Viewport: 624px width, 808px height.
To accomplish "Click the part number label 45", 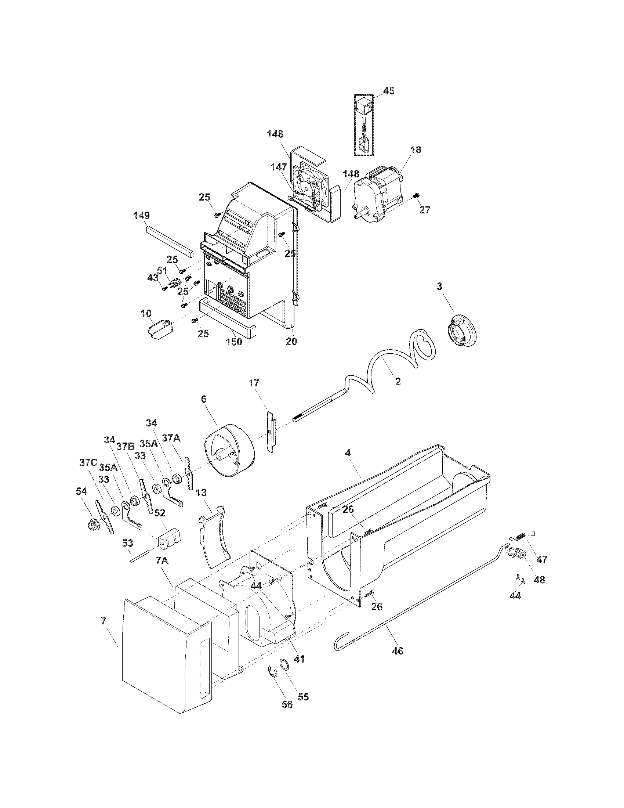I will coord(388,91).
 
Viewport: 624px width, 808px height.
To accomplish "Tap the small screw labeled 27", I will coord(417,195).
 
